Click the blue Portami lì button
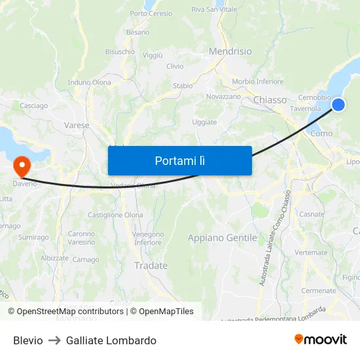pyautogui.click(x=179, y=160)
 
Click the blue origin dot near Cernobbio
pyautogui.click(x=338, y=105)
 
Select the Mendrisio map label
pyautogui.click(x=230, y=51)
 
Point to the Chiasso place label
pyautogui.click(x=270, y=100)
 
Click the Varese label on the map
pyautogui.click(x=77, y=125)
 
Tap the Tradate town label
pyautogui.click(x=151, y=266)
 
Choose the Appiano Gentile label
pyautogui.click(x=223, y=238)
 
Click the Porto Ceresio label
pyautogui.click(x=151, y=13)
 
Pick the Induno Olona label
pyautogui.click(x=90, y=82)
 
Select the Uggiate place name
pyautogui.click(x=204, y=122)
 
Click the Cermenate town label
pyautogui.click(x=318, y=291)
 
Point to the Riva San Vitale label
pyautogui.click(x=214, y=9)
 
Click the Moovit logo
pyautogui.click(x=321, y=340)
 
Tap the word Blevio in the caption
pyautogui.click(x=28, y=340)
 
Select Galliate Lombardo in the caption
pyautogui.click(x=111, y=340)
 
